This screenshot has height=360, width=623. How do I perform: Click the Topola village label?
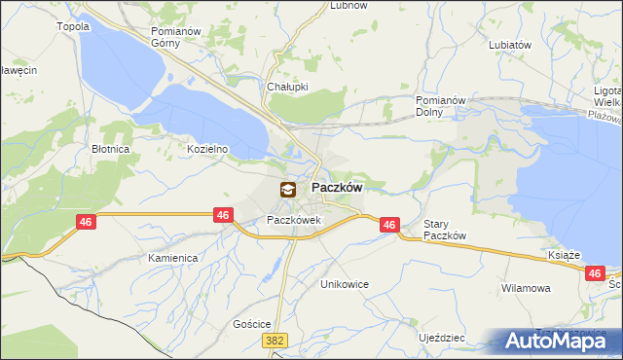[74, 26]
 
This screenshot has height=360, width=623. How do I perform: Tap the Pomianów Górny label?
[175, 37]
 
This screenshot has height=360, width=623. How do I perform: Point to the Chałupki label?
[287, 86]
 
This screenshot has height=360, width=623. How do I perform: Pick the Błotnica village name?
[111, 150]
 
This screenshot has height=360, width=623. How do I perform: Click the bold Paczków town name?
[337, 188]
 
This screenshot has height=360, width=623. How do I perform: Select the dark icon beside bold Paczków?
[288, 190]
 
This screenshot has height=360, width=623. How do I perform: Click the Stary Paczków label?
[446, 231]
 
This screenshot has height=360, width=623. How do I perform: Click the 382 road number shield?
[275, 341]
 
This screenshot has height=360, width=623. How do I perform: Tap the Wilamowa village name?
[526, 289]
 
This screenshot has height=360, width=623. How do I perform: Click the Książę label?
[565, 254]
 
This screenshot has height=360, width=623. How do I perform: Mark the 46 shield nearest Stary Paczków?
[389, 225]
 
